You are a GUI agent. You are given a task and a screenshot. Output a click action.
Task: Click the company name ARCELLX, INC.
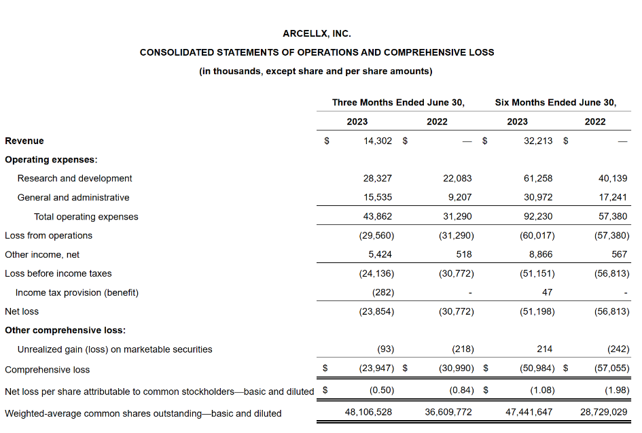[x=317, y=33]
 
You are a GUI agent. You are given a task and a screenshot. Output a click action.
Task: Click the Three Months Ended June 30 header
[x=398, y=103]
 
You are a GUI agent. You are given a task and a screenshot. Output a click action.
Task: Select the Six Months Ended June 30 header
[x=556, y=103]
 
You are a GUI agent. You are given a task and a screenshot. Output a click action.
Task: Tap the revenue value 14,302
[x=378, y=141]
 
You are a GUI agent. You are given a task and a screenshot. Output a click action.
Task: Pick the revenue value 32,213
[x=538, y=141]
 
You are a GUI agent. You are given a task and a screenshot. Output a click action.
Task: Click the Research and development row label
[x=75, y=178]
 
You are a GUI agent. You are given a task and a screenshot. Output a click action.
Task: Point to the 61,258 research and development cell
[x=538, y=178]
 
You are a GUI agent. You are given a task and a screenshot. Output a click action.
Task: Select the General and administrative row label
[x=73, y=197]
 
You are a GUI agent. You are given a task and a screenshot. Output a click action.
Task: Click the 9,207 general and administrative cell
[x=459, y=197]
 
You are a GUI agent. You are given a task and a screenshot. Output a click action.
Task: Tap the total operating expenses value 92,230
[x=538, y=216]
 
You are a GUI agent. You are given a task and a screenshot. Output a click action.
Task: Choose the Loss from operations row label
[x=48, y=235]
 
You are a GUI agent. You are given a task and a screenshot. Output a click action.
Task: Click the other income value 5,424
[x=378, y=254]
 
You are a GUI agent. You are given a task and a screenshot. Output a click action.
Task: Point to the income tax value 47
[x=547, y=292]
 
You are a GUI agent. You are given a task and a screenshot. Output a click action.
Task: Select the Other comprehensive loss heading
[x=65, y=330]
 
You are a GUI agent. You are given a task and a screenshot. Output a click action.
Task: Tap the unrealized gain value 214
[x=544, y=349]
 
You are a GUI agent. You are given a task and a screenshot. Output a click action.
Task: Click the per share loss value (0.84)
[x=460, y=391]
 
